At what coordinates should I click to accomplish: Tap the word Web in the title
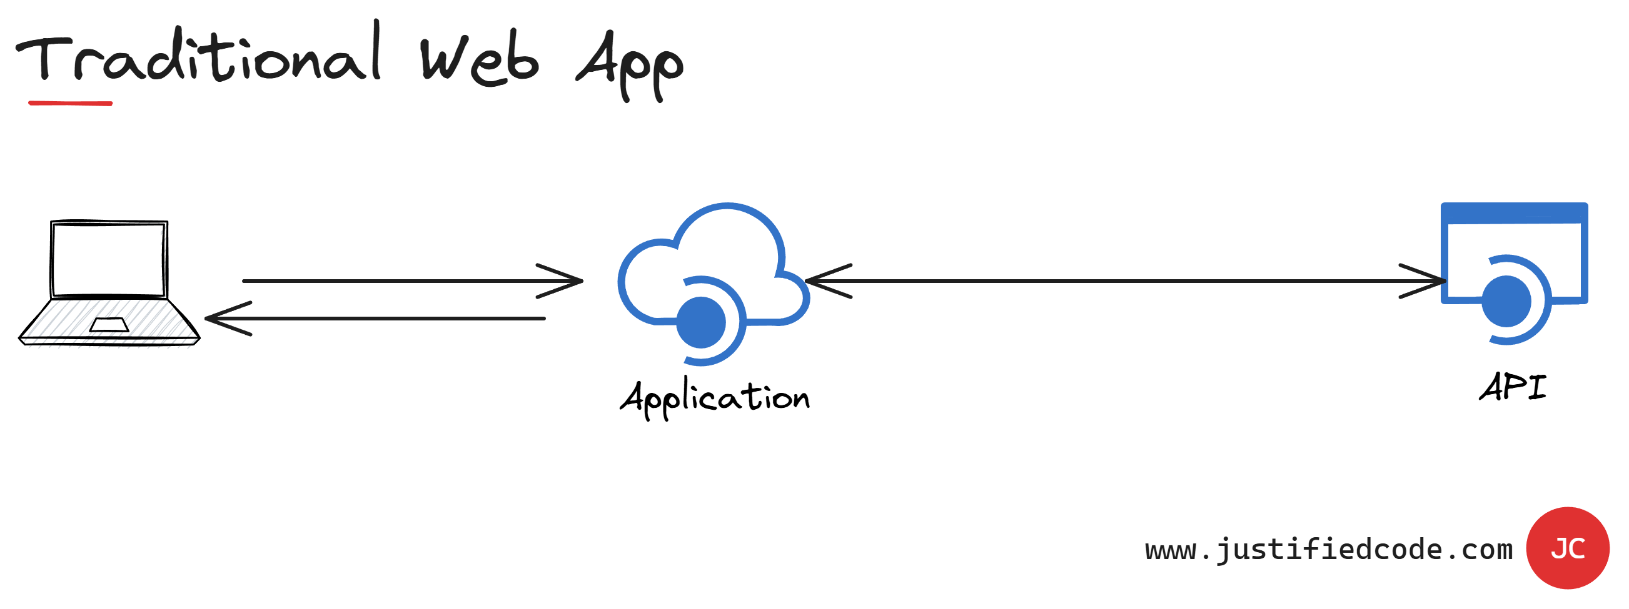pos(480,60)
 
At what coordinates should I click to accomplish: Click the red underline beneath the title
pos(70,103)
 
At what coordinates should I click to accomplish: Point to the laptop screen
pos(109,260)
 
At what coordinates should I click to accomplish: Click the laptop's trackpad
pos(109,325)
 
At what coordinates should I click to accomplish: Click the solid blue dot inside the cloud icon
pos(700,323)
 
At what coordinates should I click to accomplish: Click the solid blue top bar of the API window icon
pos(1514,214)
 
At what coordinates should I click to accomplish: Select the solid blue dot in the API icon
pos(1506,301)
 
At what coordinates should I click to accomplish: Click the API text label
pos(1513,387)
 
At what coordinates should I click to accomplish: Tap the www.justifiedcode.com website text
pos(1328,550)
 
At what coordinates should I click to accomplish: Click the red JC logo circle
pos(1567,548)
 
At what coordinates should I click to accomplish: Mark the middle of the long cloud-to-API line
pos(1126,281)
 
